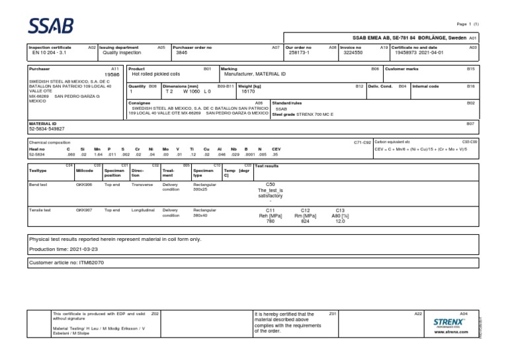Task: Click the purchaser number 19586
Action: pyautogui.click(x=111, y=75)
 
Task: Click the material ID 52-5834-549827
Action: pyautogui.click(x=56, y=129)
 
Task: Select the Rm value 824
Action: pyautogui.click(x=305, y=221)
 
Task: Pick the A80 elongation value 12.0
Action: pyautogui.click(x=340, y=221)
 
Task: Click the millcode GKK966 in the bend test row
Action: pyautogui.click(x=84, y=185)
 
